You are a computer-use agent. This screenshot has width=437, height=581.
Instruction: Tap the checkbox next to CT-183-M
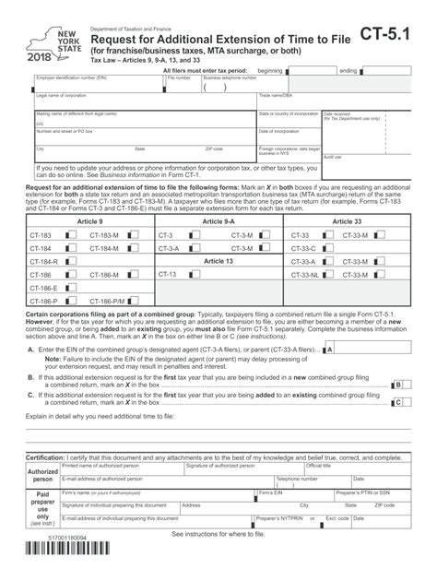tap(134, 236)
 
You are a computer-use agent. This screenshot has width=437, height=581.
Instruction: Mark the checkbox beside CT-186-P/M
tap(134, 301)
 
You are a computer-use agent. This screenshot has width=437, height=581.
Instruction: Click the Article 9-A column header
tap(218, 222)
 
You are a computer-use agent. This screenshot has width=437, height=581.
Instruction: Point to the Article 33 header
tap(347, 222)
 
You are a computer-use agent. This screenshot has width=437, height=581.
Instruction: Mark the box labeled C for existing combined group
tap(396, 403)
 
